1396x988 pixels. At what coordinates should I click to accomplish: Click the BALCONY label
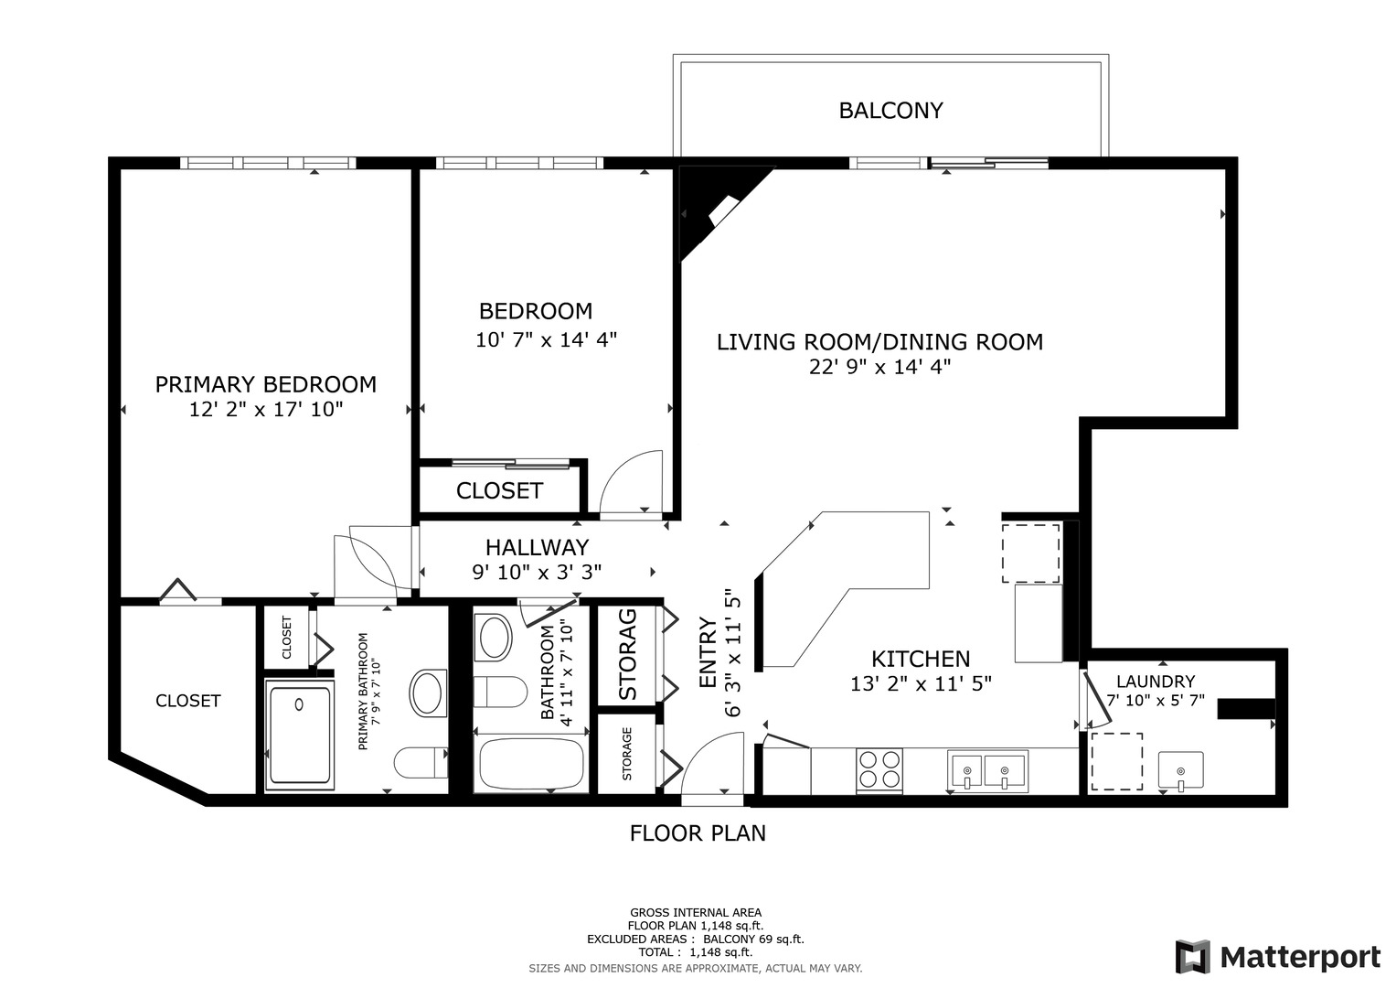tap(890, 111)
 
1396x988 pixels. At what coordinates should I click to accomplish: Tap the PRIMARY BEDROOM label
tap(265, 384)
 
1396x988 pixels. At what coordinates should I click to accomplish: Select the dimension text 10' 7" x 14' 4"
tap(546, 340)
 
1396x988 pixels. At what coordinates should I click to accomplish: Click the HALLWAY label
tap(537, 547)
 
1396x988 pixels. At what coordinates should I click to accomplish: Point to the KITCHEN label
tap(921, 659)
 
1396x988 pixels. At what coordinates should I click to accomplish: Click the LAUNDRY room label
tap(1156, 682)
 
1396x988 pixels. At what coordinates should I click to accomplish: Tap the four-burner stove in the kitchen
tap(879, 770)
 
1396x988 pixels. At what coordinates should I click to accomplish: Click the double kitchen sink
tap(987, 771)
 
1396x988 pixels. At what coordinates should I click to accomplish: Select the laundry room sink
tap(1180, 770)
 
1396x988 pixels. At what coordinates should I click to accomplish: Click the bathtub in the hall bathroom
tap(531, 765)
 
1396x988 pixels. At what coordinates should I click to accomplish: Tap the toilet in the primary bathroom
tap(421, 762)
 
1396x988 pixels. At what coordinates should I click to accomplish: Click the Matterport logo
tap(1277, 957)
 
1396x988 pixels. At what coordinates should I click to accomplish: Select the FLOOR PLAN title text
tap(698, 833)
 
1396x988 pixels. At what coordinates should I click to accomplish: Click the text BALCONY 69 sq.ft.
tap(753, 939)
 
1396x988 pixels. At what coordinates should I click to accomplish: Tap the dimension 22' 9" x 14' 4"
tap(879, 367)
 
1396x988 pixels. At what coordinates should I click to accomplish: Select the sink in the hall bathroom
tap(495, 638)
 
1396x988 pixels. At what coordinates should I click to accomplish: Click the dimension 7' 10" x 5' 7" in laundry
tap(1156, 701)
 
